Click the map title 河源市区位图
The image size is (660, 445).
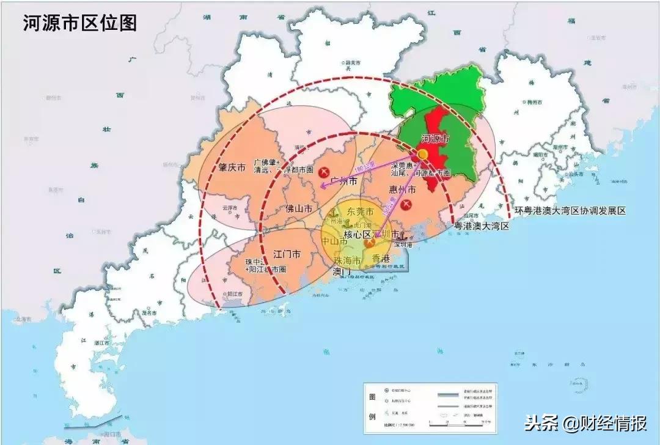coord(80,23)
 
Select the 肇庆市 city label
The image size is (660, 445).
coord(232,167)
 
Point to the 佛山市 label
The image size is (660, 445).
coord(299,208)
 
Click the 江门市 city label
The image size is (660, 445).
coord(287,254)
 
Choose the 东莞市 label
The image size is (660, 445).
coord(360,211)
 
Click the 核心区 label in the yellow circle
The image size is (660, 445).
coord(358,235)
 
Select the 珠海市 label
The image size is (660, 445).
coord(347,260)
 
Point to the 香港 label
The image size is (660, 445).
coord(381,258)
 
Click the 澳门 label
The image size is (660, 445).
coord(342,271)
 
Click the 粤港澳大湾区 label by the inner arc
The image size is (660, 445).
coord(481,226)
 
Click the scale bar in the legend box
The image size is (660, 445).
coord(458,422)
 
